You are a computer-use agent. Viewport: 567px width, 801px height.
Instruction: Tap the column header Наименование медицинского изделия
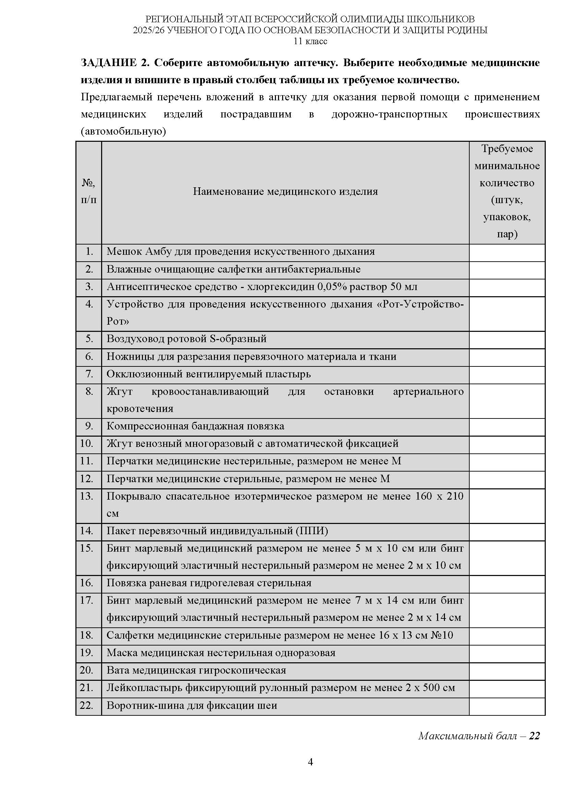click(x=285, y=191)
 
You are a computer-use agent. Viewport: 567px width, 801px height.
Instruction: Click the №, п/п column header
click(x=89, y=191)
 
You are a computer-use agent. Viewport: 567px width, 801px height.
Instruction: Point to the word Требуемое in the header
click(x=507, y=149)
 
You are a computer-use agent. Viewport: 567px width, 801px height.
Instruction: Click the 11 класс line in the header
click(x=310, y=41)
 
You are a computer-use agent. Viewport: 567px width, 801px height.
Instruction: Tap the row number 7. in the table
click(x=89, y=374)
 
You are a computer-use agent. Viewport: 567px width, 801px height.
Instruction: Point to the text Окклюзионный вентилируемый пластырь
click(x=208, y=374)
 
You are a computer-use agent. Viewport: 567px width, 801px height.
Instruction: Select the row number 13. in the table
click(x=87, y=496)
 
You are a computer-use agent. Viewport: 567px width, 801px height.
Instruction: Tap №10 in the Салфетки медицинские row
click(x=442, y=635)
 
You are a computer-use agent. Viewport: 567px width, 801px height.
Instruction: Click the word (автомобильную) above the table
click(x=123, y=132)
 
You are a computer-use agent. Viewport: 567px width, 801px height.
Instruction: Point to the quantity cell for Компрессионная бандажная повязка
click(x=507, y=426)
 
